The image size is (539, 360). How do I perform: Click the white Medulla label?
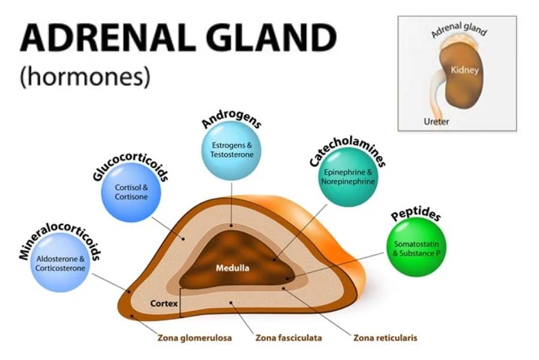232,268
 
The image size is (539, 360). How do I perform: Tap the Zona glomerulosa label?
195,338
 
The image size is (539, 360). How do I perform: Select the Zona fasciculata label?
289,338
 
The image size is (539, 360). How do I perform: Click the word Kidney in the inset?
465,70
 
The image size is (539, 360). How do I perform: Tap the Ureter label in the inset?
436,121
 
